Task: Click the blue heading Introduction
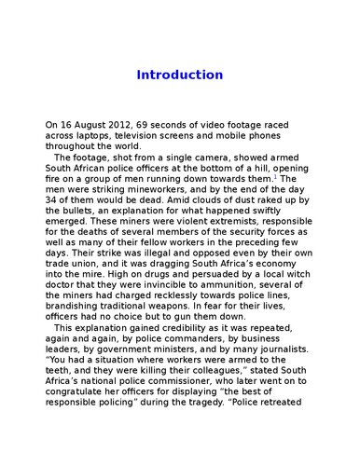tap(180, 75)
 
